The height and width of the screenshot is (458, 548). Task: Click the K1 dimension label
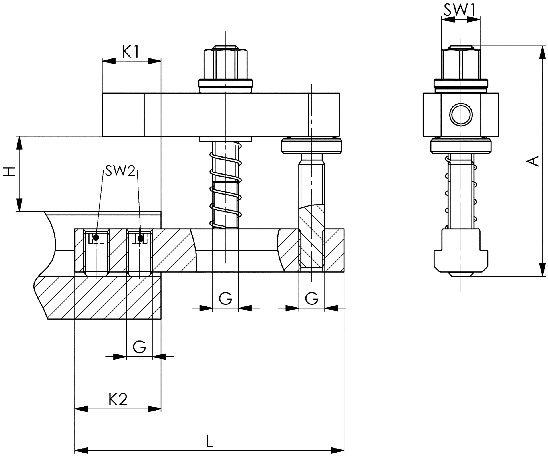click(x=131, y=52)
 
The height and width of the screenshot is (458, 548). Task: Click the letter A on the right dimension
click(x=533, y=161)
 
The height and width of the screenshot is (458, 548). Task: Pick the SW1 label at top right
click(x=460, y=10)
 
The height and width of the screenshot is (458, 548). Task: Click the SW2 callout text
click(x=120, y=171)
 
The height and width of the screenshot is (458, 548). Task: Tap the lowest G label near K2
click(x=139, y=347)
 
